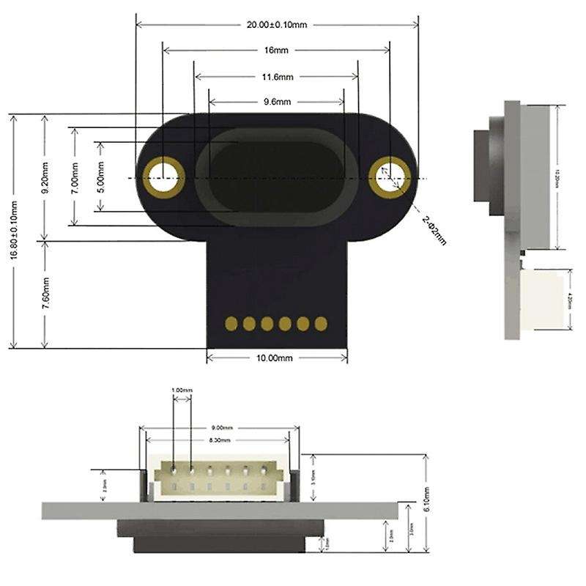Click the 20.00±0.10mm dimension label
tap(277, 24)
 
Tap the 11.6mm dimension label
tap(278, 76)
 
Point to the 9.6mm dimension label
tap(277, 102)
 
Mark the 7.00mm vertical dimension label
tap(73, 177)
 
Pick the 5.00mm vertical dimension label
tap(100, 177)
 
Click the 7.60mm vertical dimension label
tap(45, 293)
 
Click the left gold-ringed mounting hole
tap(163, 177)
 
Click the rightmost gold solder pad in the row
tap(320, 323)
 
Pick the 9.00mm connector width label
tap(222, 427)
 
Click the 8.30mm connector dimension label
tap(220, 440)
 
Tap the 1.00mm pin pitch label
tap(182, 390)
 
